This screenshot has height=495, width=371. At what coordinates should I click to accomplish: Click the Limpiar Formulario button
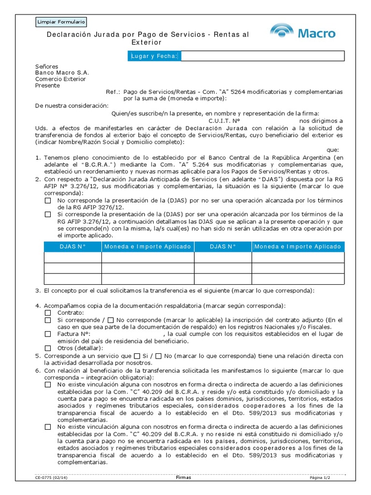coord(61,22)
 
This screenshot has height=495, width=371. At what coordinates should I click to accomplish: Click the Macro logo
coord(303,32)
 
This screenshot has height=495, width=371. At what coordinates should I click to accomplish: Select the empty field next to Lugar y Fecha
coord(261,57)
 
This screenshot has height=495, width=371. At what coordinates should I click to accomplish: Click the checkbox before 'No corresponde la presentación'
coord(48,200)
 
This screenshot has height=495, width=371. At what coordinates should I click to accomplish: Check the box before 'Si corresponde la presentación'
coord(48,214)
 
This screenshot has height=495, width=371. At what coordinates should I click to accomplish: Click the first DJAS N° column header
coord(72,247)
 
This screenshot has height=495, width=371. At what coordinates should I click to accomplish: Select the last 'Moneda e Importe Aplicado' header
coord(298,247)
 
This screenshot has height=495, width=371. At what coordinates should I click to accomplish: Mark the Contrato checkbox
coord(48,313)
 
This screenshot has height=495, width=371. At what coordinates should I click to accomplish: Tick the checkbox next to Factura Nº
coord(48,334)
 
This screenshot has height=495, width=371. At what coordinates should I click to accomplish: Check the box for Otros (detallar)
coord(48,348)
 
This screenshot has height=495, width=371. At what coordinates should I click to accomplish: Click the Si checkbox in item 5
coord(137,356)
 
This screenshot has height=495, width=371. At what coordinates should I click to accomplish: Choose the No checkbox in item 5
coord(159,356)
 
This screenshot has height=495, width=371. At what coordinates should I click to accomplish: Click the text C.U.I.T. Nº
coord(224,121)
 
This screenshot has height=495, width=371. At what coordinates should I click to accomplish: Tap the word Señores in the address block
coord(47,66)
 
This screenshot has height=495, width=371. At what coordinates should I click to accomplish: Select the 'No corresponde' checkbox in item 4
coord(111,320)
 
